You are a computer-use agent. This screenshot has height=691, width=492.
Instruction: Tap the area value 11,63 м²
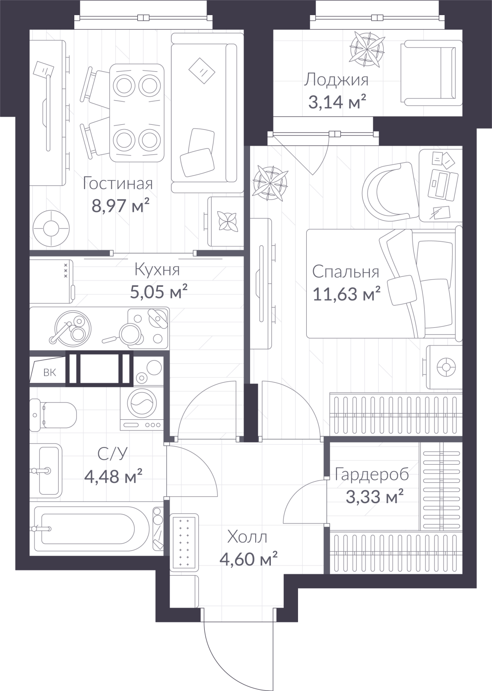(x=346, y=294)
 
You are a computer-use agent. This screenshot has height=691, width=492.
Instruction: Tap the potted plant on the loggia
(x=367, y=49)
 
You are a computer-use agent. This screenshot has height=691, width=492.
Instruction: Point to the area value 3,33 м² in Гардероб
(x=375, y=497)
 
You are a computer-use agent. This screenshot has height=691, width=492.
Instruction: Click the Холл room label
(x=247, y=537)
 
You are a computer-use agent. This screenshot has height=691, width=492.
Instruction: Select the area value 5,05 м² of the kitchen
(x=159, y=292)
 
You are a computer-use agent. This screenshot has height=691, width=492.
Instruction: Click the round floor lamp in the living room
(x=51, y=228)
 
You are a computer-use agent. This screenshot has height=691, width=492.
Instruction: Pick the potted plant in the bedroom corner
(x=270, y=183)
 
